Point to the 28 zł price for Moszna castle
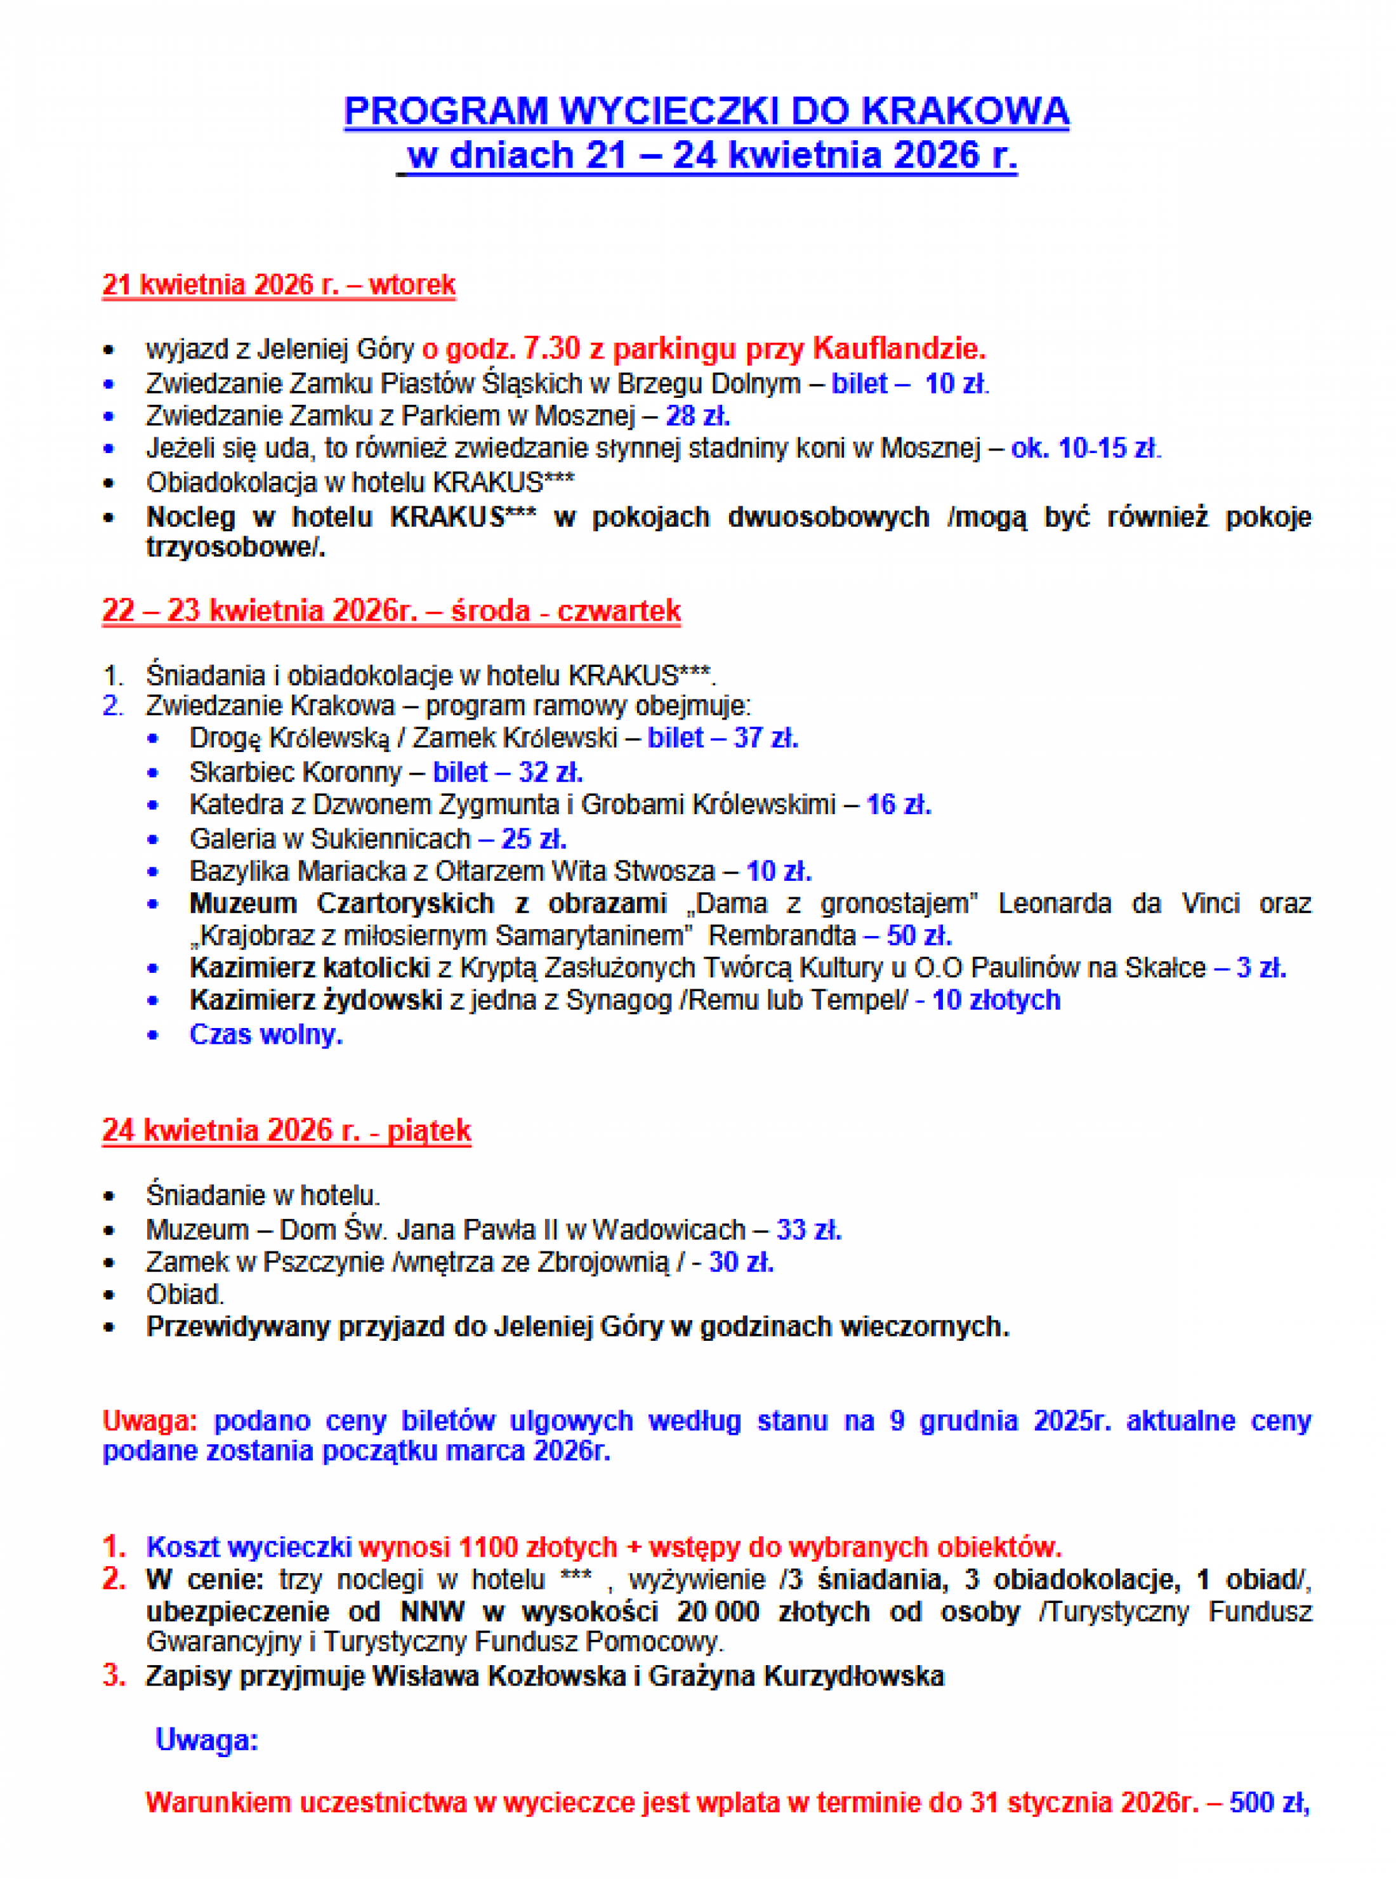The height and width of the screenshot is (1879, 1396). click(697, 416)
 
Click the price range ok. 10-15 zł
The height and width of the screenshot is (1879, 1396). click(1086, 448)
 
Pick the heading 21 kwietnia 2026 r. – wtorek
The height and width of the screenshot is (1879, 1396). click(279, 285)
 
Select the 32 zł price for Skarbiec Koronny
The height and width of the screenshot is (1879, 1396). click(550, 772)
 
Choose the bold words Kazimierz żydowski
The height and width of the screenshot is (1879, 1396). click(315, 1000)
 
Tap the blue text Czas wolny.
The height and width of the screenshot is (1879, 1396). click(266, 1035)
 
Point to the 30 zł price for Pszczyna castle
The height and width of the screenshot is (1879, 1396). click(741, 1262)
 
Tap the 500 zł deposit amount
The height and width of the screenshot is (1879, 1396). click(1268, 1803)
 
